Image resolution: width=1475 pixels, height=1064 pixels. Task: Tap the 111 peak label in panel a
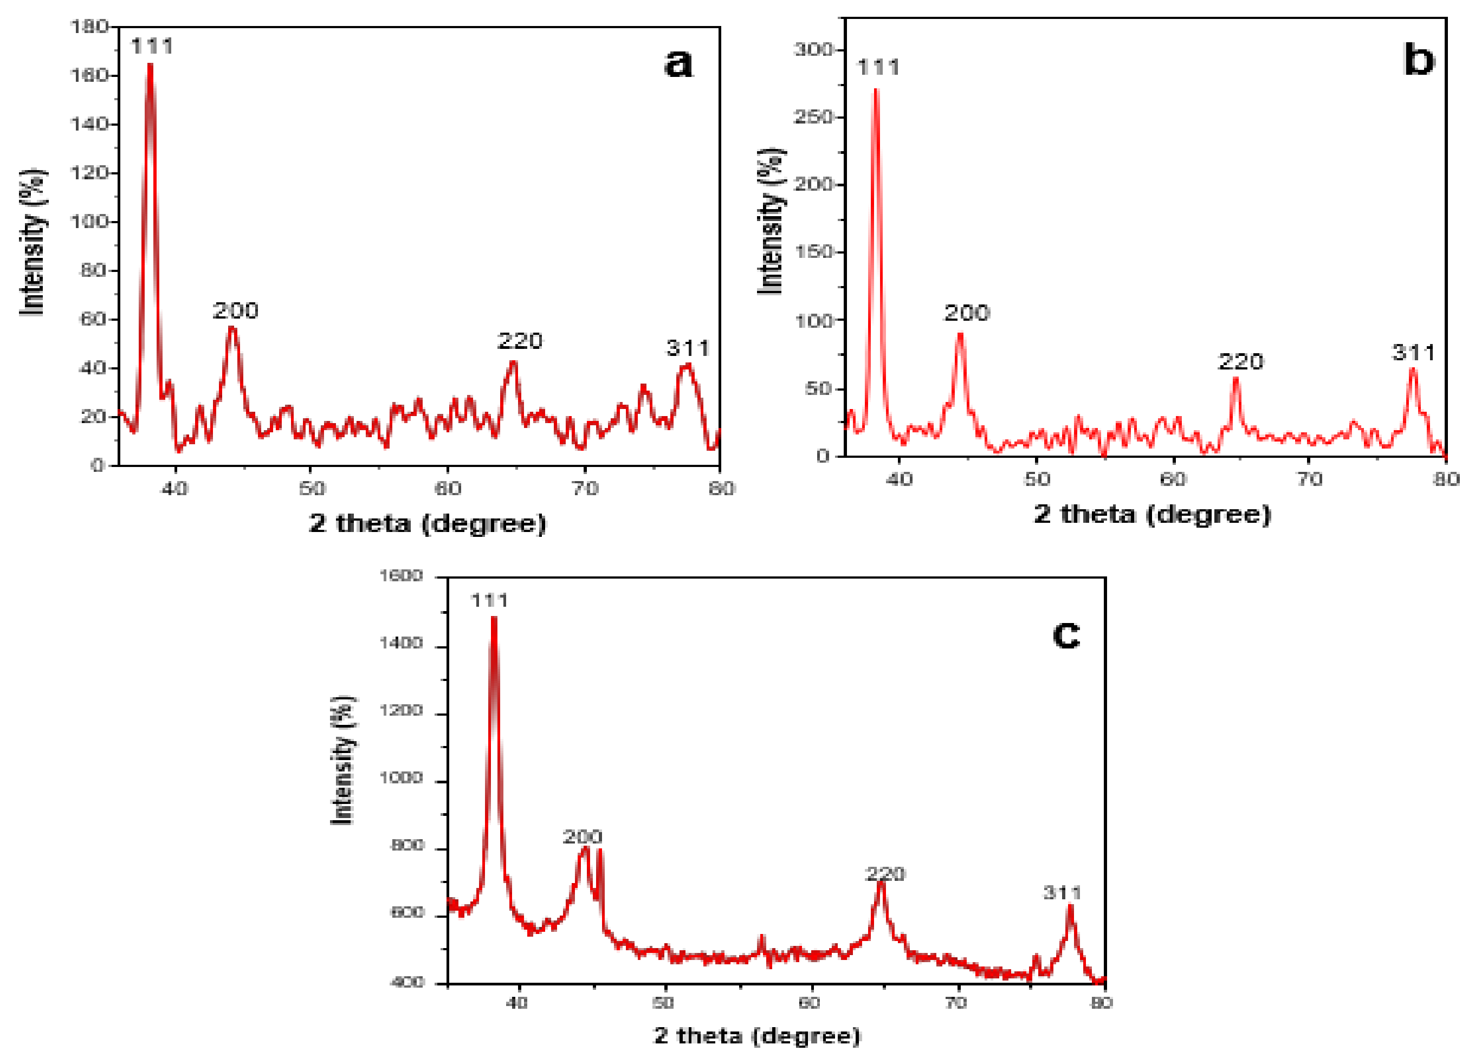tap(152, 46)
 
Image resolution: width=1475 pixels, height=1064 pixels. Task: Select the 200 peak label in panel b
tap(966, 314)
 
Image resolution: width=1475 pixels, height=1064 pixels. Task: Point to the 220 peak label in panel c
tap(884, 874)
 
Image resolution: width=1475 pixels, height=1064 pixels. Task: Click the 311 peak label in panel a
tap(688, 348)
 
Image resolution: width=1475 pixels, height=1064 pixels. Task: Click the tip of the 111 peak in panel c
tap(494, 617)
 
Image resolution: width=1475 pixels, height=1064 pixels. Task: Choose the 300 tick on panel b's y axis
tap(813, 49)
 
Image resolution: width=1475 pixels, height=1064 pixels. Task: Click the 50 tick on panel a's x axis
tap(312, 489)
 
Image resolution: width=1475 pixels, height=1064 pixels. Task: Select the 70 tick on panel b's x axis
tap(1309, 479)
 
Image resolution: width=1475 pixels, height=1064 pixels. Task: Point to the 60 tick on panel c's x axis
tap(810, 1003)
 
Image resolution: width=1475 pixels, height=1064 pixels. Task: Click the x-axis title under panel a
tap(428, 523)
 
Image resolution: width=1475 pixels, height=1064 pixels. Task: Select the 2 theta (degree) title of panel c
tap(756, 1035)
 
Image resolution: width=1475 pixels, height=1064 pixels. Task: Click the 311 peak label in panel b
tap(1413, 353)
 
